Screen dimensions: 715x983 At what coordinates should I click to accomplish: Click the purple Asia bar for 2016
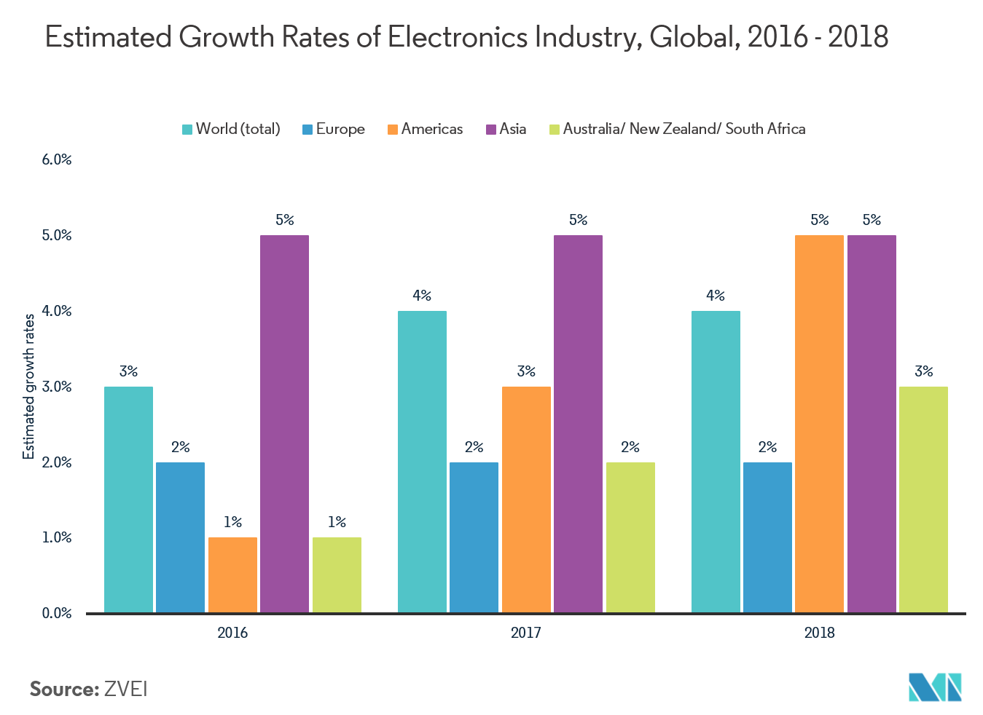coord(284,424)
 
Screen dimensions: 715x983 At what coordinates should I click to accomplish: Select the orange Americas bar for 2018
coord(819,424)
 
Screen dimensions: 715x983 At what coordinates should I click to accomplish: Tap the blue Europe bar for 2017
coord(474,537)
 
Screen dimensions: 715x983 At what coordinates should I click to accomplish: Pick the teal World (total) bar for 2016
coord(128,499)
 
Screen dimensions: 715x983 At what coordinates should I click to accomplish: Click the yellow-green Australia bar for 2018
coord(923,499)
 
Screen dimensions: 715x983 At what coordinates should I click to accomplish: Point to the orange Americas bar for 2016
coord(232,575)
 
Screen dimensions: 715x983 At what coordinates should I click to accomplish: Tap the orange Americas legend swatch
coord(393,130)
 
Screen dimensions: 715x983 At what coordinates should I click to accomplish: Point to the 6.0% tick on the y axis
coord(57,159)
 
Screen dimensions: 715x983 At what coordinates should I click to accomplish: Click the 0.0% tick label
coord(57,613)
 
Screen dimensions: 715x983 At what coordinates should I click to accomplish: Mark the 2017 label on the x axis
coord(525,633)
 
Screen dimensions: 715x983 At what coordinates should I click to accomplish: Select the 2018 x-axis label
coord(819,633)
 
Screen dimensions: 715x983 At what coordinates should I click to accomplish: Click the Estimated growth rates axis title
coord(29,387)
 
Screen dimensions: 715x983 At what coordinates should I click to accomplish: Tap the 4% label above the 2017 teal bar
coord(421,296)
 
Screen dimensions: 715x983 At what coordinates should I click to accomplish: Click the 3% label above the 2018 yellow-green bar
coord(923,371)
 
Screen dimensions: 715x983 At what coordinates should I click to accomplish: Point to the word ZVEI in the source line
coord(125,690)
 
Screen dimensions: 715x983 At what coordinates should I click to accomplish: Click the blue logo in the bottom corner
coord(935,687)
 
